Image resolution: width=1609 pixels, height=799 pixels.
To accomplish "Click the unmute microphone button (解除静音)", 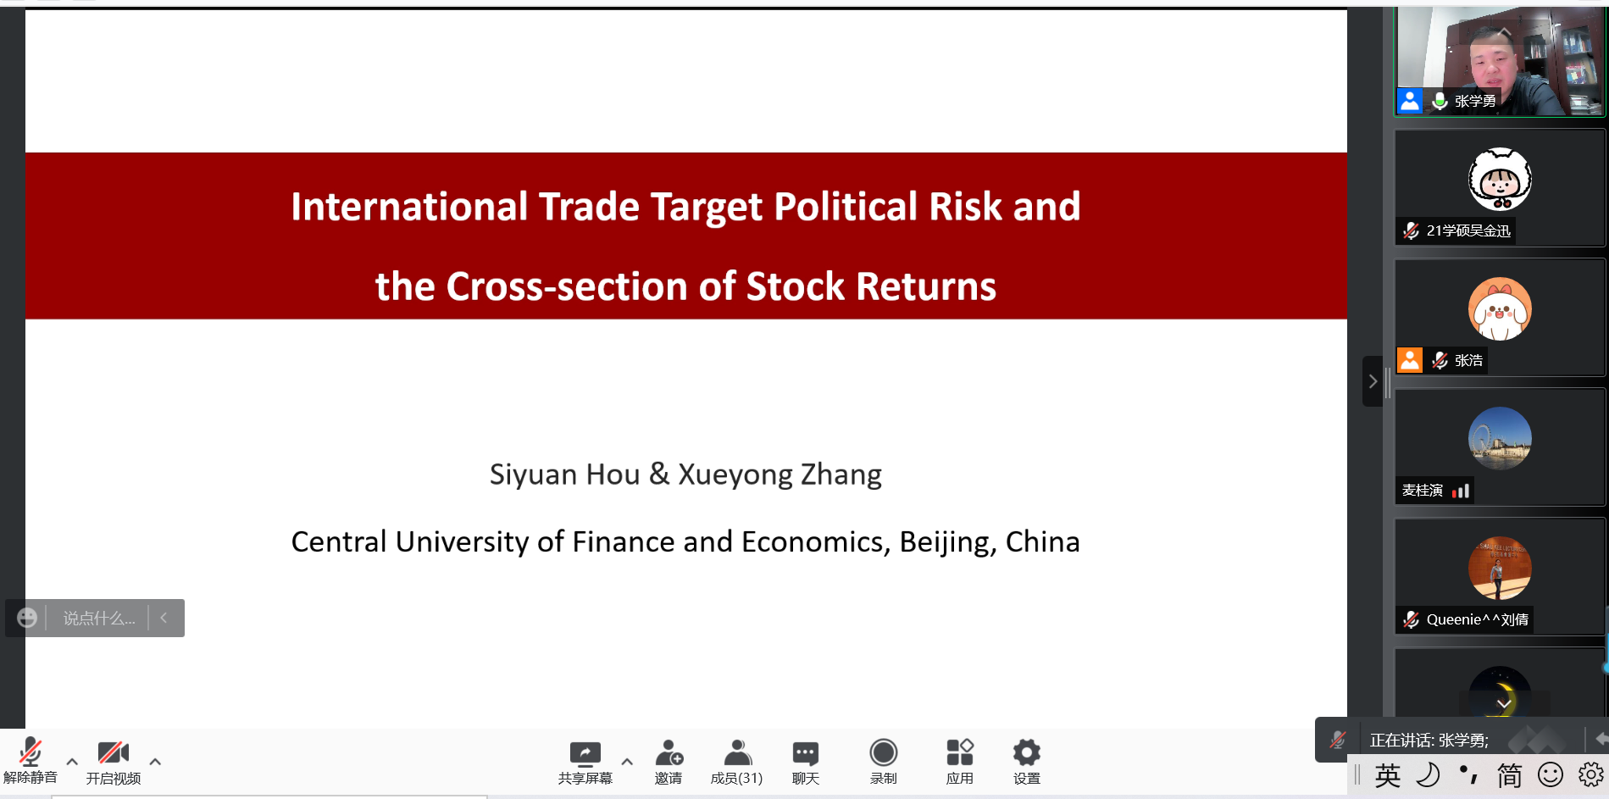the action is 31,760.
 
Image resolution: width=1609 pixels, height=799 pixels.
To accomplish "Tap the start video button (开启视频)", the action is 114,760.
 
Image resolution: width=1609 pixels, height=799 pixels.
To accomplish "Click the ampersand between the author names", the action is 659,474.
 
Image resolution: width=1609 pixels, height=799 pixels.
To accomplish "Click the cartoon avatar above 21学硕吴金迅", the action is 1500,179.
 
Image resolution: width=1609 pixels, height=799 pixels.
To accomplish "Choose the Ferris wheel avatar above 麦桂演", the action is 1500,439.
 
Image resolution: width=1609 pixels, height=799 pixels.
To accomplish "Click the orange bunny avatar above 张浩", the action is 1500,309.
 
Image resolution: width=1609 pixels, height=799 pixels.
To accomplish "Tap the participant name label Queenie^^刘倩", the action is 1477,619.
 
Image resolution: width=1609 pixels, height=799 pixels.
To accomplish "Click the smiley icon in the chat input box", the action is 27,618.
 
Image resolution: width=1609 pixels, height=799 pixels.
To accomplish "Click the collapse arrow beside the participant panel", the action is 1373,381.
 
